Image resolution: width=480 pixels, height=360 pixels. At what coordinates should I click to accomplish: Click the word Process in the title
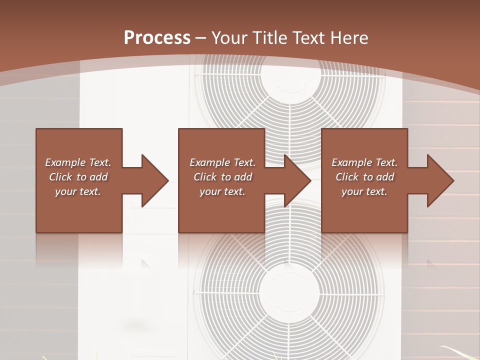coord(157,37)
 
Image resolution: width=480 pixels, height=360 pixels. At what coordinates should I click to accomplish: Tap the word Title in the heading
coord(270,37)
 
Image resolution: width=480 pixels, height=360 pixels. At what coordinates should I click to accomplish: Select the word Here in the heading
coord(348,37)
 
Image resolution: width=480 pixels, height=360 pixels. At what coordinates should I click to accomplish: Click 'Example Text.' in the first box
coord(78,162)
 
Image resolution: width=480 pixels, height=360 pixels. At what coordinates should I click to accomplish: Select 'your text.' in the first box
coord(78,191)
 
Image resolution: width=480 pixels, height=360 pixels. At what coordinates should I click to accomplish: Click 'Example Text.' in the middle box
coord(222,162)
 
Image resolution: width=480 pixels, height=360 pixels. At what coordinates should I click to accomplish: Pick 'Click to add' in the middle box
coord(222,177)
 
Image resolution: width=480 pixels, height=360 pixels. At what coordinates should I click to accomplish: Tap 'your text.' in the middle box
coord(222,191)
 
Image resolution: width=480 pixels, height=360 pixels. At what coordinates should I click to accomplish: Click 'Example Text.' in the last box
coord(364,162)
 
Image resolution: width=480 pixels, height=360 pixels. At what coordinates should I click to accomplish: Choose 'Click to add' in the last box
coord(364,177)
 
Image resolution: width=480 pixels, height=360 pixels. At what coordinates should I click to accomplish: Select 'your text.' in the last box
coord(364,191)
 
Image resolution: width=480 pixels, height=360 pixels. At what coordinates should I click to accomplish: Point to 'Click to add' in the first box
coord(78,177)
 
